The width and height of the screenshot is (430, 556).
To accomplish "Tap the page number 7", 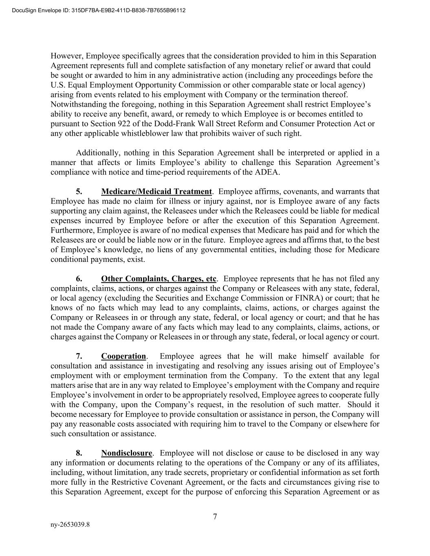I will click(215, 517).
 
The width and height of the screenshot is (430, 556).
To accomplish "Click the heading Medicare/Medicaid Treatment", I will click(157, 191).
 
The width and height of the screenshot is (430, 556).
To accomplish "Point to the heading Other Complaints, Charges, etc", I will click(159, 279).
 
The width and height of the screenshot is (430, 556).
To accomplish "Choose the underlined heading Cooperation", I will click(123, 356).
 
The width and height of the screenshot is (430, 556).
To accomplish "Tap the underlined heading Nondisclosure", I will click(127, 453).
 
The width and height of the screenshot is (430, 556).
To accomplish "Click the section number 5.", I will click(79, 191).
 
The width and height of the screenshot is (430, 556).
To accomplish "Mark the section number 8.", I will click(79, 453).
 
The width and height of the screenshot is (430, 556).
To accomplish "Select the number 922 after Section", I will click(113, 123).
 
